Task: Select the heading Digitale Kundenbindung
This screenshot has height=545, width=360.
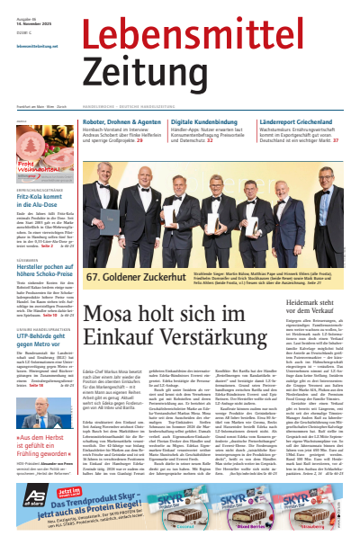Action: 210,120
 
